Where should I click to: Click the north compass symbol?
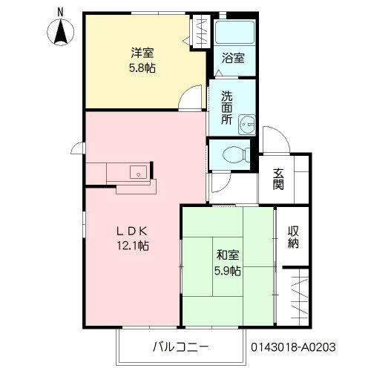pyautogui.click(x=59, y=32)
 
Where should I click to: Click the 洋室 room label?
pyautogui.click(x=143, y=53)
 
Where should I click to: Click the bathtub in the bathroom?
pyautogui.click(x=234, y=33)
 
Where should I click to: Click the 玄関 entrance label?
pyautogui.click(x=279, y=179)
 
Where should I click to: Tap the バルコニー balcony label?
pyautogui.click(x=180, y=347)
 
